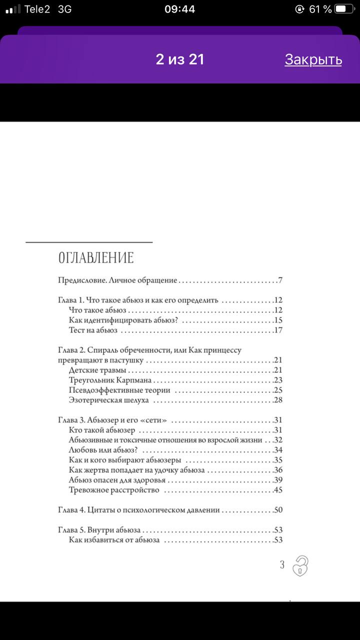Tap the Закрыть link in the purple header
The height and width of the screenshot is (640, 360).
pyautogui.click(x=313, y=59)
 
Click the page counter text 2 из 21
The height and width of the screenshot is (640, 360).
pyautogui.click(x=180, y=59)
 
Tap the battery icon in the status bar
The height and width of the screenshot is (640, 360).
pyautogui.click(x=342, y=9)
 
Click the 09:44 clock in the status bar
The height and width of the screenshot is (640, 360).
pyautogui.click(x=179, y=9)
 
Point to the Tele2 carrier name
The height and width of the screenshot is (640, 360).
pyautogui.click(x=37, y=9)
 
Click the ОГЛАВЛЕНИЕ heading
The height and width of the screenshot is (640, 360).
pyautogui.click(x=96, y=258)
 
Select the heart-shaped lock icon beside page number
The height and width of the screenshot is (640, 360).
pyautogui.click(x=300, y=565)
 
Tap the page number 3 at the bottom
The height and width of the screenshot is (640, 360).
pyautogui.click(x=282, y=565)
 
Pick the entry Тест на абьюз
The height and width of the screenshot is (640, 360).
pyautogui.click(x=93, y=330)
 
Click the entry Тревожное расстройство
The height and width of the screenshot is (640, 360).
pyautogui.click(x=113, y=490)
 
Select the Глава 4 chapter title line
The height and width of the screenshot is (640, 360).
pyautogui.click(x=138, y=510)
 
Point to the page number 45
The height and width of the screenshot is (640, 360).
pyautogui.click(x=278, y=490)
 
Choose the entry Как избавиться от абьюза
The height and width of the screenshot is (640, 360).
pyautogui.click(x=114, y=540)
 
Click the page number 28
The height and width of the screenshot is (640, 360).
pyautogui.click(x=278, y=400)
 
